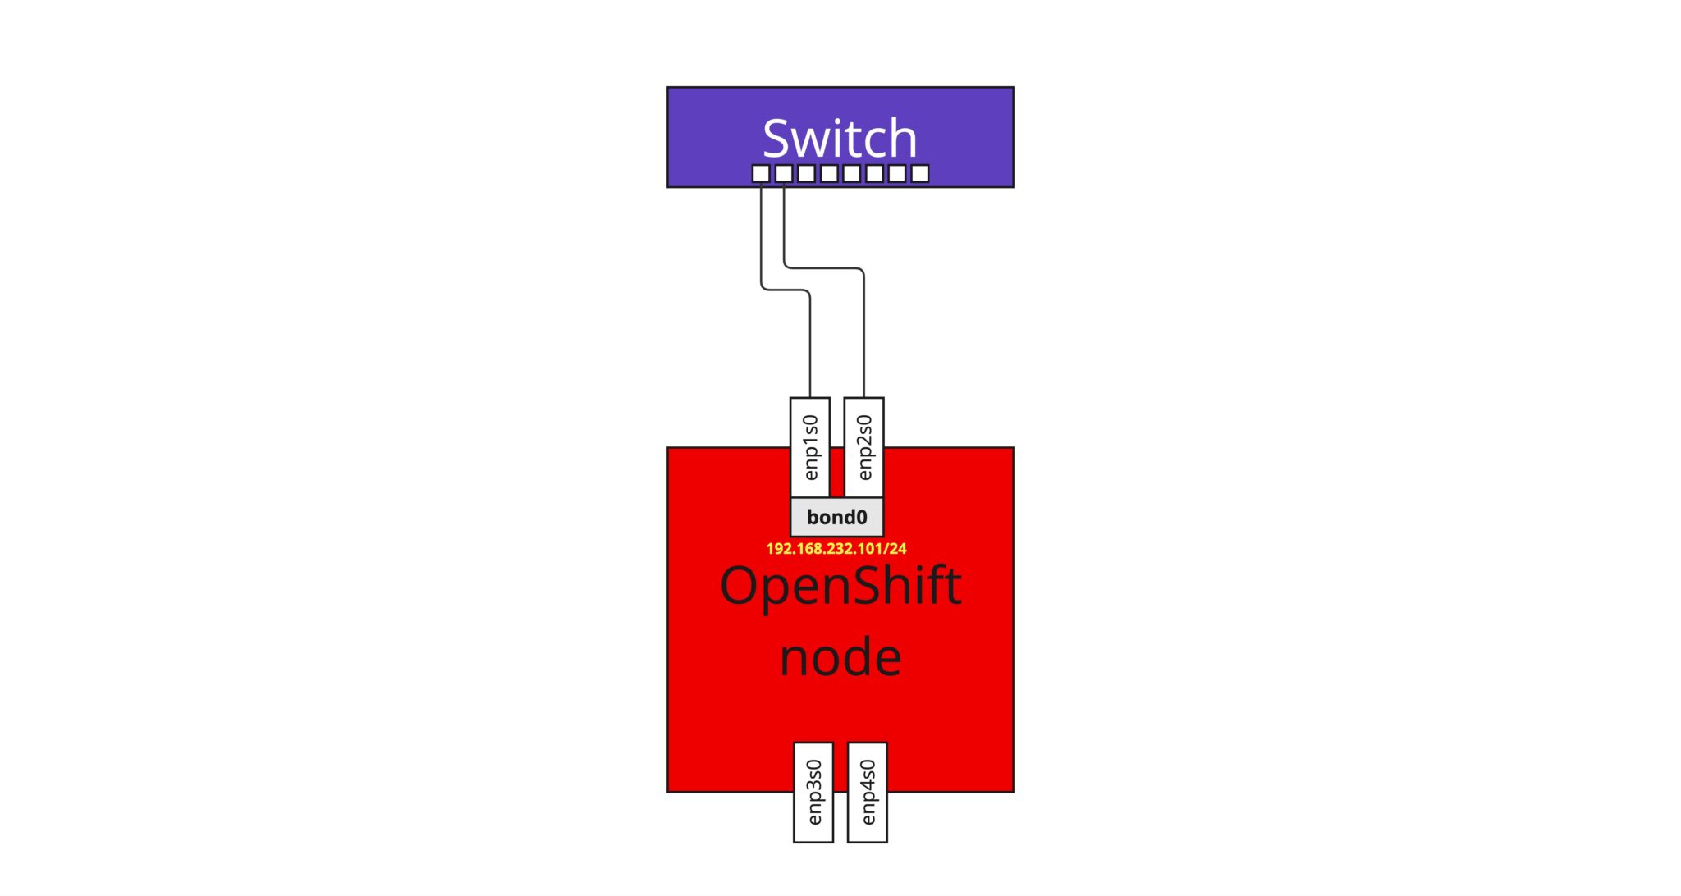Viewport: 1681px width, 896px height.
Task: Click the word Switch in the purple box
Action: pos(840,138)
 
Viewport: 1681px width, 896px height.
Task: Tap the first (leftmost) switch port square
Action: pos(761,173)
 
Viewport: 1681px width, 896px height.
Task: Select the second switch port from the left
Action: pos(784,173)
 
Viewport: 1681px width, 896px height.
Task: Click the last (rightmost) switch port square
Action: pos(920,173)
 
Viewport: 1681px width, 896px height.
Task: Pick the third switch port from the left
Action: pos(807,173)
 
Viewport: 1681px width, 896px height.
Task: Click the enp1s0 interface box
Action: pos(810,447)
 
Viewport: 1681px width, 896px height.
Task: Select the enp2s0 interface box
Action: pos(864,447)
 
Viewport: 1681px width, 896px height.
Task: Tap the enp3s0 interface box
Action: pos(813,792)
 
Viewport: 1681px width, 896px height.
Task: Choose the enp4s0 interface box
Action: pos(868,792)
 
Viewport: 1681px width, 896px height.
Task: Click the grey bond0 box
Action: pos(836,517)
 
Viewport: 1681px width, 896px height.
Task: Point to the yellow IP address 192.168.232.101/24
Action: pos(836,548)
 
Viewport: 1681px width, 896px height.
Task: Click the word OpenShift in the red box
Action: pos(840,586)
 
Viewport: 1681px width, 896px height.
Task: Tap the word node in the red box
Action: pos(840,658)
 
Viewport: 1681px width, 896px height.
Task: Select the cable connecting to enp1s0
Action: pos(810,345)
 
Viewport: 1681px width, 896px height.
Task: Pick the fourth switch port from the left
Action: pos(829,173)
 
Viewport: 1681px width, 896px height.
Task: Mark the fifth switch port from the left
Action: pos(852,173)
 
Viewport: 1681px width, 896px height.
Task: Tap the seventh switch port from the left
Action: pos(897,173)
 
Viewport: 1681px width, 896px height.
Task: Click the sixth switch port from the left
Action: pos(875,173)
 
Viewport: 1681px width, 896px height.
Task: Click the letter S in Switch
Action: pos(776,138)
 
